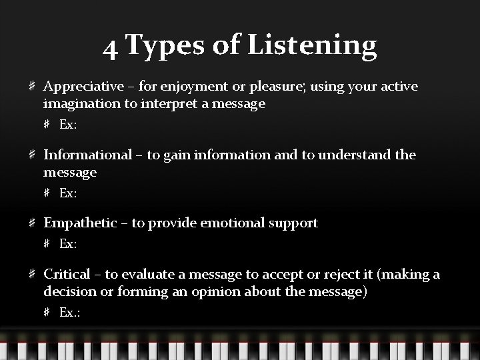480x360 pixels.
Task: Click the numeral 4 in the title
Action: tap(111, 47)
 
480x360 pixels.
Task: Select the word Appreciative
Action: tap(83, 87)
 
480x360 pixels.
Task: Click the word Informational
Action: tap(88, 155)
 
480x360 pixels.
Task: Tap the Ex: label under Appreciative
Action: tap(69, 125)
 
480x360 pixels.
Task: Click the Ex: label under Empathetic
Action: tap(69, 244)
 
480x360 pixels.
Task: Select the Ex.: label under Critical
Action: tap(70, 312)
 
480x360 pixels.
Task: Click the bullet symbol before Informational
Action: tap(33, 155)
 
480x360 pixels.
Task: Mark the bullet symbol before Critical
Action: tap(33, 275)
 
